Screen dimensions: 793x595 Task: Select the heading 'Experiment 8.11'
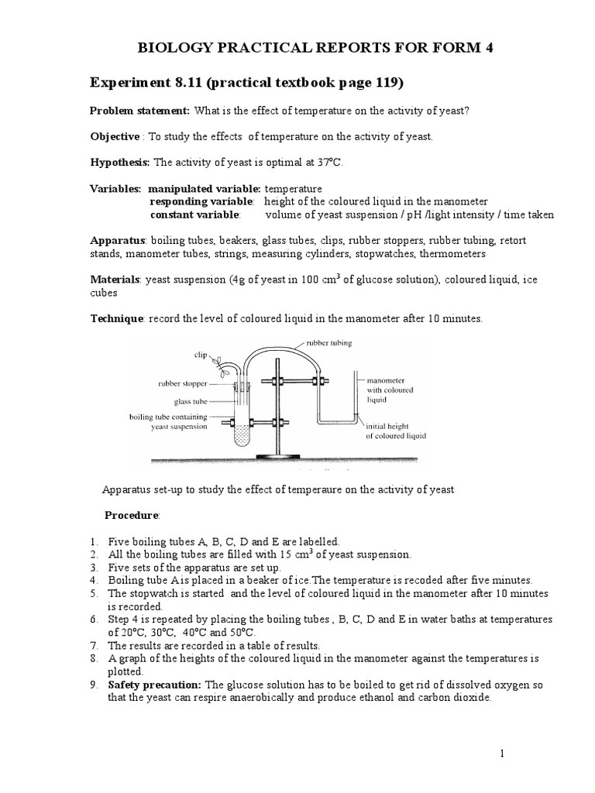tap(153, 82)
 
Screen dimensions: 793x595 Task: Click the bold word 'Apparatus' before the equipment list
tap(118, 241)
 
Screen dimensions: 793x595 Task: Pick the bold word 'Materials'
tap(115, 280)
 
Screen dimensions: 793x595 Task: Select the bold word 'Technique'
tap(117, 319)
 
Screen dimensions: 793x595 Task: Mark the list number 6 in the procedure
tap(94, 620)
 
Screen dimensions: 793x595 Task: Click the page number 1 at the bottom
tap(503, 754)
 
